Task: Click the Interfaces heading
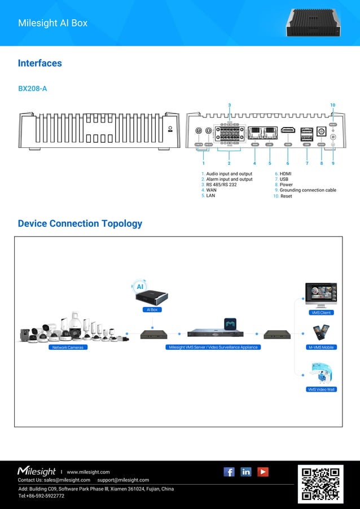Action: click(39, 63)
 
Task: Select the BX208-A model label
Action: click(32, 89)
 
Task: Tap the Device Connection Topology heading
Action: click(80, 223)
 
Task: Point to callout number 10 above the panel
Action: click(332, 105)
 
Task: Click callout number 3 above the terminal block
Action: click(229, 105)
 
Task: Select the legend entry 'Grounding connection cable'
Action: click(308, 190)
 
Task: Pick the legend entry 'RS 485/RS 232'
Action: click(221, 185)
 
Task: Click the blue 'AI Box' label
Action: click(152, 310)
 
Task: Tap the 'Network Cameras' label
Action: click(68, 348)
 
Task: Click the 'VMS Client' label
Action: click(321, 313)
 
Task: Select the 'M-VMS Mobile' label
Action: click(322, 348)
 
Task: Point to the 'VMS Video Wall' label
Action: click(322, 389)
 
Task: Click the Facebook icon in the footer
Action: click(229, 472)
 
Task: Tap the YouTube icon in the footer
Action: click(263, 472)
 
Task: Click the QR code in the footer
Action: click(321, 483)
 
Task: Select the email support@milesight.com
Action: click(123, 480)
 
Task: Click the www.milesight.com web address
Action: click(88, 472)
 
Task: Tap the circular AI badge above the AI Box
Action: click(140, 287)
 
